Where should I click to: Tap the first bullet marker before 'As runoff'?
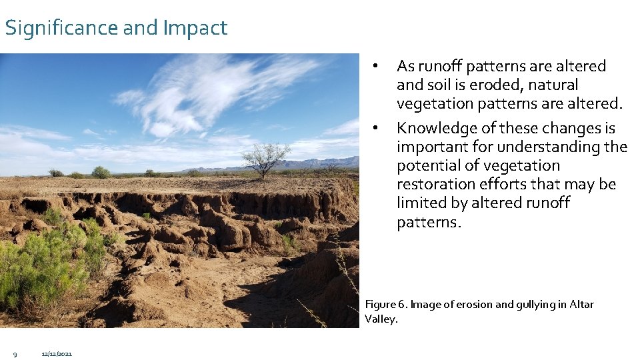(x=377, y=66)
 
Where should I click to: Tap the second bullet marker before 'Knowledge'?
(x=377, y=127)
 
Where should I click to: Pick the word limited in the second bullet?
(x=420, y=203)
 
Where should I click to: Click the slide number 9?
(x=15, y=353)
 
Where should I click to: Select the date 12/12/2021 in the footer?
(x=57, y=353)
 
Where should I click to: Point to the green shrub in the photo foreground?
(x=40, y=267)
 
